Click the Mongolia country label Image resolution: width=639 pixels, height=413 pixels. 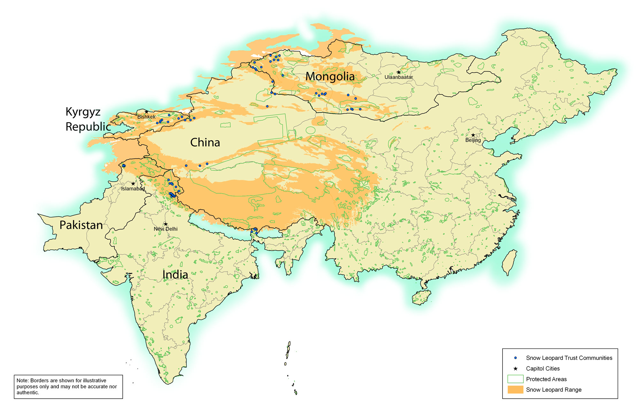pyautogui.click(x=330, y=77)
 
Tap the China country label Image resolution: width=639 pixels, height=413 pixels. pyautogui.click(x=205, y=142)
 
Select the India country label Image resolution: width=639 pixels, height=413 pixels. pyautogui.click(x=175, y=274)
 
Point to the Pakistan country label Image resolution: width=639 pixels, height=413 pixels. pyautogui.click(x=81, y=225)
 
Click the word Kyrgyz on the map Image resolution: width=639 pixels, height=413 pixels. pyautogui.click(x=83, y=112)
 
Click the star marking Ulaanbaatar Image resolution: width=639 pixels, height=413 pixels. pyautogui.click(x=398, y=72)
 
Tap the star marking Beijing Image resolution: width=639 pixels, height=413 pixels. pyautogui.click(x=473, y=135)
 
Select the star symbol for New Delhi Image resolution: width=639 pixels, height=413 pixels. pyautogui.click(x=166, y=224)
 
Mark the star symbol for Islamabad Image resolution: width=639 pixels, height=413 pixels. pyautogui.click(x=133, y=184)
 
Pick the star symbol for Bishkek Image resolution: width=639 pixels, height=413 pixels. pyautogui.click(x=146, y=112)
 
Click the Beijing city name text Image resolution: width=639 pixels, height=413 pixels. pyautogui.click(x=473, y=140)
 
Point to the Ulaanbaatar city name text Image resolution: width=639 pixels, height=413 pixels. pyautogui.click(x=398, y=77)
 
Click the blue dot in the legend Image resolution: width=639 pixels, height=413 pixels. pyautogui.click(x=515, y=358)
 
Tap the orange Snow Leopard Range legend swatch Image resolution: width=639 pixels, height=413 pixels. pyautogui.click(x=515, y=389)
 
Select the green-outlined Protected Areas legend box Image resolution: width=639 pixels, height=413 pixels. pyautogui.click(x=515, y=379)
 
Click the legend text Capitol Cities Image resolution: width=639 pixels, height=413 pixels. pyautogui.click(x=543, y=369)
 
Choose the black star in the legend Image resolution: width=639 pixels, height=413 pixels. pyautogui.click(x=515, y=369)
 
